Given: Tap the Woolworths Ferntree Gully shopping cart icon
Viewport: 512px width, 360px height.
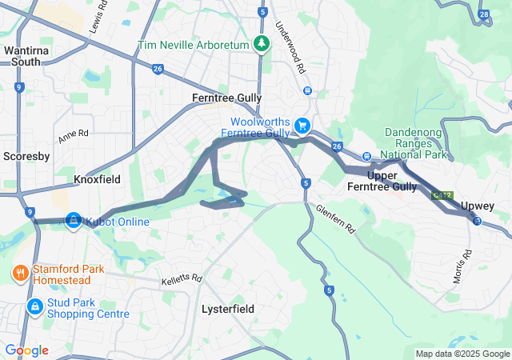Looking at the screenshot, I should tap(302, 126).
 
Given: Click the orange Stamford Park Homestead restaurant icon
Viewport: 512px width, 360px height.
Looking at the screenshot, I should tap(20, 274).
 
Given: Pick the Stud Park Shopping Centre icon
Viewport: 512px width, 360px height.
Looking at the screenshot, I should tap(34, 306).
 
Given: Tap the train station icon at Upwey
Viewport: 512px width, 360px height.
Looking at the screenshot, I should tap(477, 221).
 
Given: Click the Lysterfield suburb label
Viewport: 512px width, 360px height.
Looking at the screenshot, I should tap(227, 308).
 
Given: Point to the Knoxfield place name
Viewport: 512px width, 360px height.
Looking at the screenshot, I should tap(96, 180).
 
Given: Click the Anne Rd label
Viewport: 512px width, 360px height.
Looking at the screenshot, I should tap(73, 133).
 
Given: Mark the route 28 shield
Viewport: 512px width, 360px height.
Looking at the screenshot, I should tap(483, 14).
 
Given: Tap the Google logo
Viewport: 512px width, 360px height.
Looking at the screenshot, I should tap(26, 350).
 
